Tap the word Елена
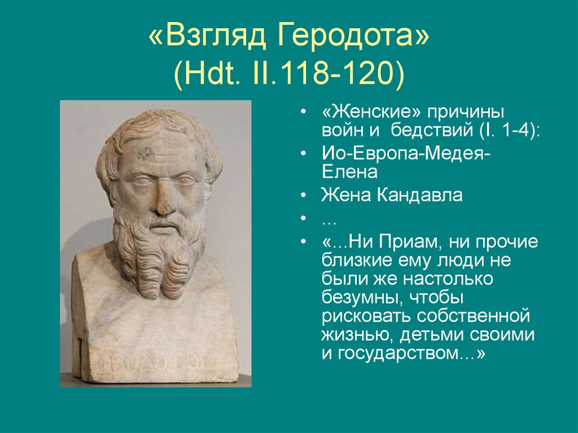349,172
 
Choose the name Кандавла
419,195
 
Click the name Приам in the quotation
410,242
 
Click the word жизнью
357,335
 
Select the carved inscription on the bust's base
155,364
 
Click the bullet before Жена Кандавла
303,195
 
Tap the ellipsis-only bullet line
329,222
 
